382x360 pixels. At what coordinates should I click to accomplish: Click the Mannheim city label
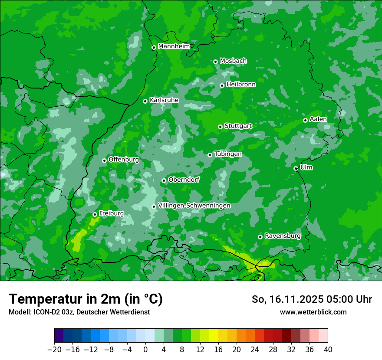point(174,46)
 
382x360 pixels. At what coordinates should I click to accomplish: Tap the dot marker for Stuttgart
point(220,127)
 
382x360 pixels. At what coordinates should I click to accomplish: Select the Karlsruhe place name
point(164,100)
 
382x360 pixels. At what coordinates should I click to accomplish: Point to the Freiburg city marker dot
point(95,214)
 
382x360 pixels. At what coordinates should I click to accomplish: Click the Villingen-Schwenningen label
point(194,206)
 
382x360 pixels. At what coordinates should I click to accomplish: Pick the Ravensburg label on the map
point(282,236)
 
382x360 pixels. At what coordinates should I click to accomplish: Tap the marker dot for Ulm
point(296,168)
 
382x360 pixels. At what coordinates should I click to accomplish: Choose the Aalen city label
point(318,119)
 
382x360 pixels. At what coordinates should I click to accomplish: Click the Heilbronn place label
point(240,85)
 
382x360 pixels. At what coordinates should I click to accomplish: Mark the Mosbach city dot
point(215,62)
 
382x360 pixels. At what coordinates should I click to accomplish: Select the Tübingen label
point(227,154)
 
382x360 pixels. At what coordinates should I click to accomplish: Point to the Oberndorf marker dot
point(164,180)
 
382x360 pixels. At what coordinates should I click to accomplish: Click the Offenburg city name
point(123,160)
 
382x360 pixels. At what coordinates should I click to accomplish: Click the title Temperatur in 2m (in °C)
point(86,299)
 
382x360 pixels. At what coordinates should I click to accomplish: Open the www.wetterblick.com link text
point(313,312)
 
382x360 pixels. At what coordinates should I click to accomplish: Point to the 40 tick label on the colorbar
point(328,349)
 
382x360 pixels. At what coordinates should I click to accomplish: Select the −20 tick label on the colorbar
point(54,349)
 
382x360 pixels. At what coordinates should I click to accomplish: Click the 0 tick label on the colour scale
point(145,349)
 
